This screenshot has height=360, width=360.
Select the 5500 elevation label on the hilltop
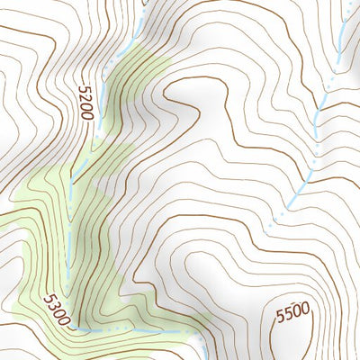(292, 312)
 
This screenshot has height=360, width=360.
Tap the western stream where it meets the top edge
(144, 3)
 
